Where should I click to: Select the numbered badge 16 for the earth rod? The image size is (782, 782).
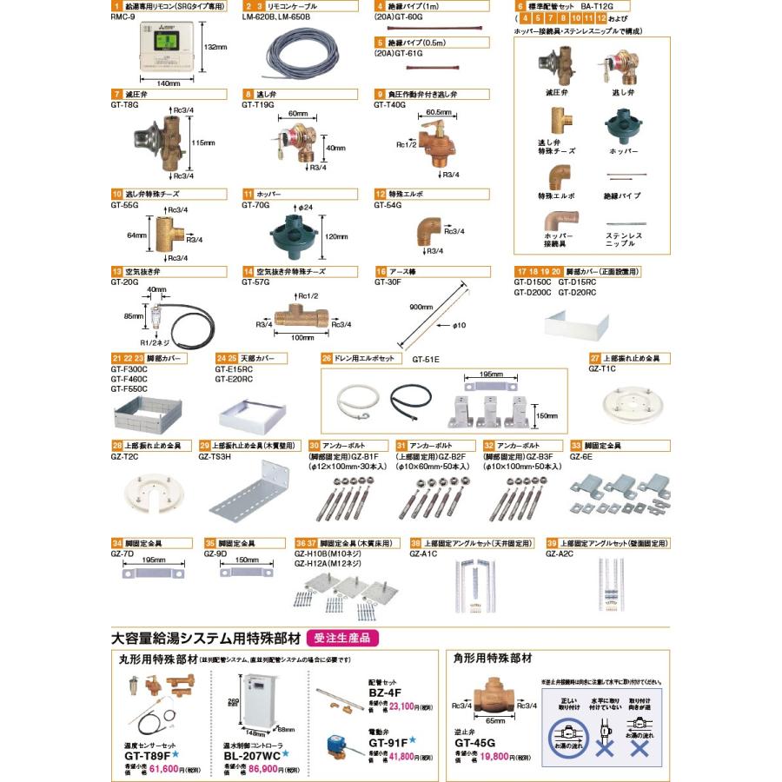[x=381, y=272]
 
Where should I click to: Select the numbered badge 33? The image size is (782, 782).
[x=575, y=446]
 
